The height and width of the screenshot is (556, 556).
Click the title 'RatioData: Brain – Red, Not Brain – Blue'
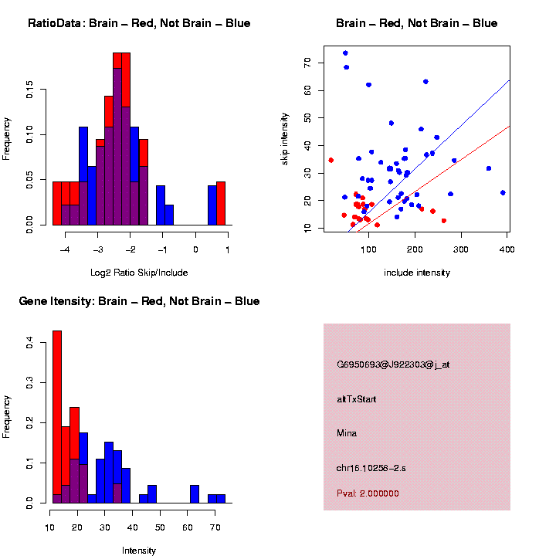tap(139, 23)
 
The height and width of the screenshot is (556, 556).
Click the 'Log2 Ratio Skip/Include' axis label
tap(139, 273)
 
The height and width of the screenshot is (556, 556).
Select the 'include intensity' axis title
tap(417, 273)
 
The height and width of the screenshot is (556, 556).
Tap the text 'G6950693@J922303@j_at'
tap(393, 364)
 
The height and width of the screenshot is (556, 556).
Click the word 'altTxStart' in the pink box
tap(357, 399)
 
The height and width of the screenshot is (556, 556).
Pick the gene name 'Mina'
tap(347, 433)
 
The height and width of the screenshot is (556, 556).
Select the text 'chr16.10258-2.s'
tap(371, 468)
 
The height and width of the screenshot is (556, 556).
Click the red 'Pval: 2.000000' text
tap(368, 493)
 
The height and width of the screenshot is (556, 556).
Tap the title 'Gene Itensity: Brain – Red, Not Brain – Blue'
tap(139, 301)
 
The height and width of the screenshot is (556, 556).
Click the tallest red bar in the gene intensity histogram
tap(57, 417)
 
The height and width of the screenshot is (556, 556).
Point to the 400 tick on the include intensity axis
tap(507, 249)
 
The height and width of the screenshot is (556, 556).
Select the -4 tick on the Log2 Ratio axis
tap(65, 249)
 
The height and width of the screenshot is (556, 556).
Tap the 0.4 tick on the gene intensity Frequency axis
tap(29, 344)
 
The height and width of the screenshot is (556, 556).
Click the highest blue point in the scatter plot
tap(345, 53)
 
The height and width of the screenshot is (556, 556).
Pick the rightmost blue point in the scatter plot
tap(503, 192)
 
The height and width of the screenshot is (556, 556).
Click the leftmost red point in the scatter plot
tap(331, 160)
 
